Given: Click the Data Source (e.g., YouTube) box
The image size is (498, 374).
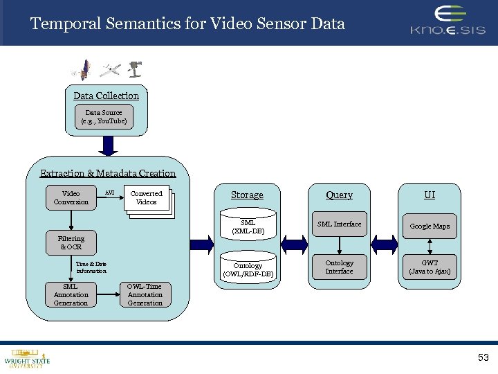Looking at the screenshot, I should point(104,116).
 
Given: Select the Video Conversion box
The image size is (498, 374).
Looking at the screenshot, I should point(71,198).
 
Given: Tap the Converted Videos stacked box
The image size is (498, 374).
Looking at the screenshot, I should point(147,199).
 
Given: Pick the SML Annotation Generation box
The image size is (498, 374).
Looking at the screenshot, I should point(71,294).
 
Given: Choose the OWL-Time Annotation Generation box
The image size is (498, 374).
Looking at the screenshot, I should point(145,294).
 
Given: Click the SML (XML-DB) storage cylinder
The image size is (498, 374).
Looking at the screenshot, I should point(248,226).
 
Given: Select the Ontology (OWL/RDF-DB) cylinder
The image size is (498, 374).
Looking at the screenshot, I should point(248,269).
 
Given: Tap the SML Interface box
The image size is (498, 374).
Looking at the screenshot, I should point(339,224).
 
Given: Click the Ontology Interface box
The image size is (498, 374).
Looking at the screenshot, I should point(339,267).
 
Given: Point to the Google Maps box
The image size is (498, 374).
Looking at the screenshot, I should point(430,226).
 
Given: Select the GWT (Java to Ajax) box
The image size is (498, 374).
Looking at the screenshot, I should point(430,267).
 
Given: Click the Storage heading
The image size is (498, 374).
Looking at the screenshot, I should point(247,195).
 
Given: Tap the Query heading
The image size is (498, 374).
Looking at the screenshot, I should point(339,195).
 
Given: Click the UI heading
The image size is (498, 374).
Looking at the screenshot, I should point(430,195).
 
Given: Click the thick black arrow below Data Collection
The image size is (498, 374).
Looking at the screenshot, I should point(107,145).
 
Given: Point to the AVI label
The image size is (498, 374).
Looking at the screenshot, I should point(109,192).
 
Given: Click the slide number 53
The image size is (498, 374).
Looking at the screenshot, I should point(483,358).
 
